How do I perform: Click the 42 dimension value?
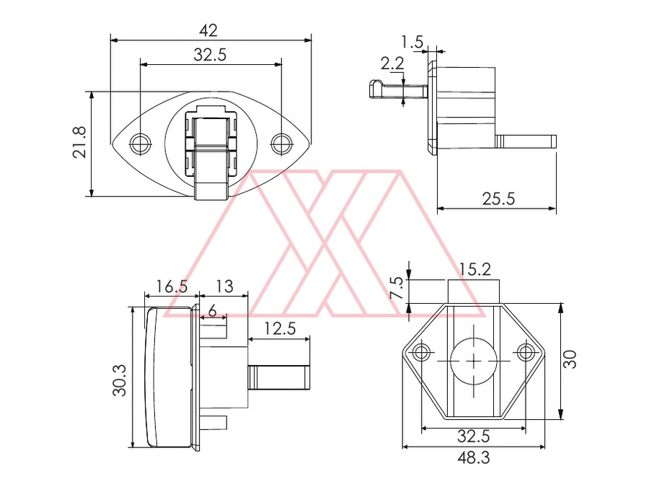[x=208, y=30]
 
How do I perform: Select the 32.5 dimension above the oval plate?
[x=211, y=55]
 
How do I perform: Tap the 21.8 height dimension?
[x=79, y=142]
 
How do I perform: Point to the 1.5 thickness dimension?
[x=412, y=42]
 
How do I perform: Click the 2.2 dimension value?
[x=392, y=63]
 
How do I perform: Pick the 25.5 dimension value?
[x=499, y=199]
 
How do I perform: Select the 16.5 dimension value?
[x=172, y=286]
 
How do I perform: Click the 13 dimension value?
[x=224, y=286]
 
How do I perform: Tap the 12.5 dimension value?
[x=281, y=329]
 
